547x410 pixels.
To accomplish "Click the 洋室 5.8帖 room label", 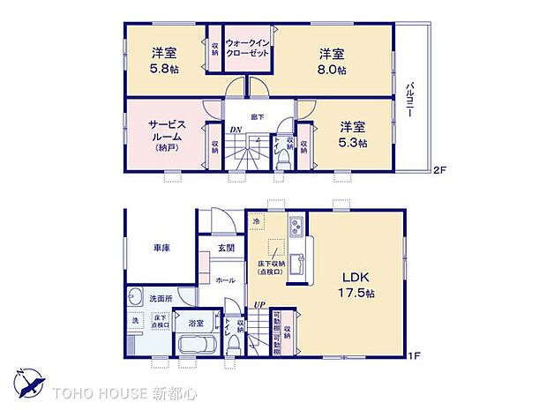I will pyautogui.click(x=163, y=58).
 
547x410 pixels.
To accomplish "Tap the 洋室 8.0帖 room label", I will pyautogui.click(x=333, y=58).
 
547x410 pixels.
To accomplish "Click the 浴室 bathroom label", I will pyautogui.click(x=196, y=324).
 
